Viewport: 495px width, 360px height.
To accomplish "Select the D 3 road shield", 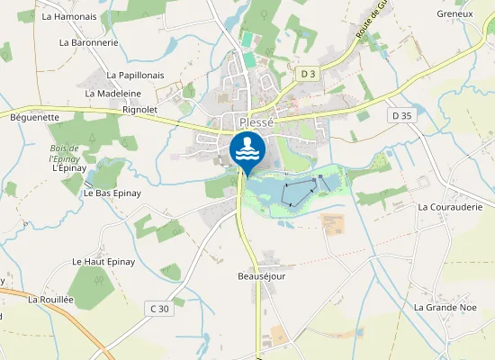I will [309, 72].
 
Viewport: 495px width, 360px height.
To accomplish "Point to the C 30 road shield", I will [158, 309].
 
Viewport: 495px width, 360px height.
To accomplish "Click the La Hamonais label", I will [69, 16].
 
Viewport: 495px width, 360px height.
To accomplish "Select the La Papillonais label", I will [135, 76].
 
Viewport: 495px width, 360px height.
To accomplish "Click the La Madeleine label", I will [113, 93].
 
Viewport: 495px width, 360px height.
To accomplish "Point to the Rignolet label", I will [139, 110].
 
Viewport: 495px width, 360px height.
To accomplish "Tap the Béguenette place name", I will [34, 117].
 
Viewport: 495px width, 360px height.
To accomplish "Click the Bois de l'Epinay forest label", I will [65, 152].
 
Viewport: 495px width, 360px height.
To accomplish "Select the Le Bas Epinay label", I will [112, 193].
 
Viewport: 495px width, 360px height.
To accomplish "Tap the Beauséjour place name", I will [261, 276].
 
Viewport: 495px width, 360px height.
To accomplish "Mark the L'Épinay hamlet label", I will [67, 167].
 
